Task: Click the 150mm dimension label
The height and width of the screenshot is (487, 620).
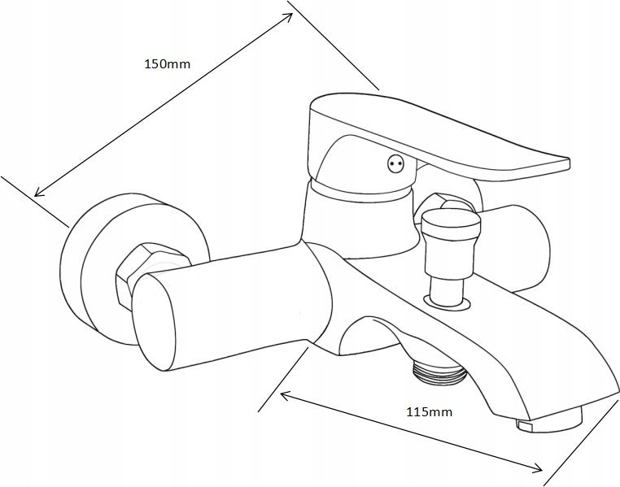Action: coord(168,63)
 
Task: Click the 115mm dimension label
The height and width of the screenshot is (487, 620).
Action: coord(430,412)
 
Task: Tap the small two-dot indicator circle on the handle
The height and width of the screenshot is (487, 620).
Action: coord(395,163)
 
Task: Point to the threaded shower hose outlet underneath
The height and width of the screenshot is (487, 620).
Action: coord(439,373)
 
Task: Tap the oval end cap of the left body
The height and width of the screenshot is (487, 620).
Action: coord(155,322)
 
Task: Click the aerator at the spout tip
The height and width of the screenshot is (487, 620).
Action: coord(549,421)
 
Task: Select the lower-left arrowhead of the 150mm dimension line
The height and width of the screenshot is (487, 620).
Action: coord(39,192)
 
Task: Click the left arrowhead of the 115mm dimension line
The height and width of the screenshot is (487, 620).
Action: coord(286,395)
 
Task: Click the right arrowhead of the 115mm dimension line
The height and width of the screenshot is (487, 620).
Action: coord(537,467)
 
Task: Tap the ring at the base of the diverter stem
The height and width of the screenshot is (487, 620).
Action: coord(448,302)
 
